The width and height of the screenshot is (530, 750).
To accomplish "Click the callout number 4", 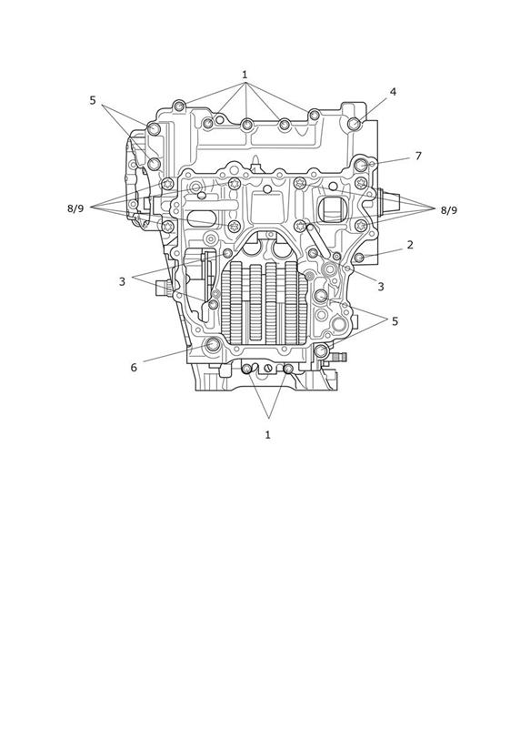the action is [393, 91].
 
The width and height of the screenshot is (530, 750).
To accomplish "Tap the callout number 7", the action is [418, 156].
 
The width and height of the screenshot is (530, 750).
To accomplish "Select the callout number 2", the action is [410, 245].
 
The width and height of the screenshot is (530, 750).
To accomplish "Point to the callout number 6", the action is [134, 367].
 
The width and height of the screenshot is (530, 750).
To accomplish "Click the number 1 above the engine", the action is [245, 75].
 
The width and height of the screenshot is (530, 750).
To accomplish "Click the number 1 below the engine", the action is [267, 434].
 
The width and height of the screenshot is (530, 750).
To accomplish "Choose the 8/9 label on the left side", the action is [75, 208].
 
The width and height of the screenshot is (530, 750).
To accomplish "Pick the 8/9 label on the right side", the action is [449, 210].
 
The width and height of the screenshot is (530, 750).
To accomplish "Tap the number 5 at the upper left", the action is [93, 100].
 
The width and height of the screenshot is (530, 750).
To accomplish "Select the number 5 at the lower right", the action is [395, 321].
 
